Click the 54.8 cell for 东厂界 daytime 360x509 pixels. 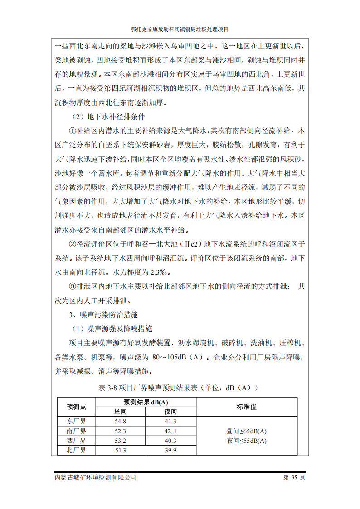coord(121,421)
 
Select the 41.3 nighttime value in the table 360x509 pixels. coord(170,421)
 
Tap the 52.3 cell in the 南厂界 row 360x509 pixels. coord(121,431)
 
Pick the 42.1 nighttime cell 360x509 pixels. coord(170,431)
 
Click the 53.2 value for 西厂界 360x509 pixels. coord(121,440)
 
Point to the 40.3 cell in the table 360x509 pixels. coord(170,440)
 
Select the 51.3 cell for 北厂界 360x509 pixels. coord(121,450)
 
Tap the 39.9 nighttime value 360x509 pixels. coord(170,450)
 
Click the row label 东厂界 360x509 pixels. coord(76,421)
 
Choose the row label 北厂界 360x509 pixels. coord(76,450)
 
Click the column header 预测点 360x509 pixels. coord(76,407)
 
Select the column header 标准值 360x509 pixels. coord(247,407)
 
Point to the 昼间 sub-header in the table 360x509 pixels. coord(121,412)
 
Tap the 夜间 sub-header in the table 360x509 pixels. coord(170,412)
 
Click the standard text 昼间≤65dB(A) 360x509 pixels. coord(247,431)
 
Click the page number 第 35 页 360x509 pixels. coord(294,477)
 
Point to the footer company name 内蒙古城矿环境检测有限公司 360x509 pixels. coord(95,477)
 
